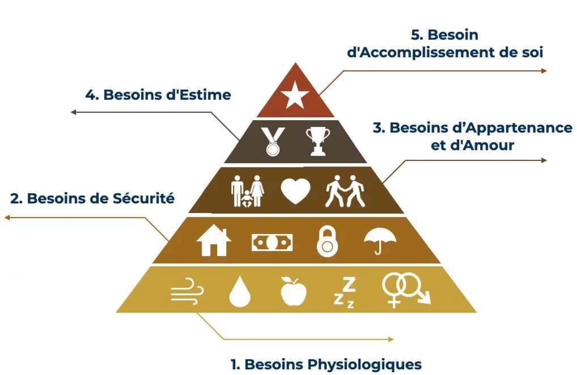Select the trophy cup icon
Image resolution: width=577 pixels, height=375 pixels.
(x=317, y=141)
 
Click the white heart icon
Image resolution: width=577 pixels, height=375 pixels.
(x=296, y=192)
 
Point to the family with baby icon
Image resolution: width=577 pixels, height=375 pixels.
(x=248, y=191)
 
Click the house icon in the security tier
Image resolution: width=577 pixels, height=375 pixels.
(x=214, y=241)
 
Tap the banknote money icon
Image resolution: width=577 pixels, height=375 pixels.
(x=272, y=242)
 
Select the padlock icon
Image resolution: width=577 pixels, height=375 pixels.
(x=327, y=242)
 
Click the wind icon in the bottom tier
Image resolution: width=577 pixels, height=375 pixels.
(x=187, y=292)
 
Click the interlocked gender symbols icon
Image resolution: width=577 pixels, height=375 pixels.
(x=405, y=291)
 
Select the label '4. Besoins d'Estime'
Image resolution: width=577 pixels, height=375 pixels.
(x=158, y=95)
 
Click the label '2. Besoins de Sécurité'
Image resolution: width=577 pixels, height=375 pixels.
(x=92, y=199)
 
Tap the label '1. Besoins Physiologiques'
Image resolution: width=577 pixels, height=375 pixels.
(x=326, y=364)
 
